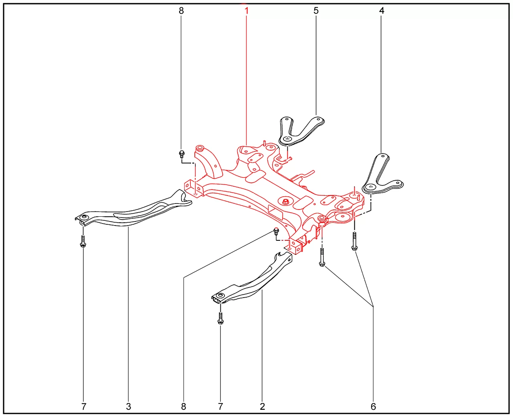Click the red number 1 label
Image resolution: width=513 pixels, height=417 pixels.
pos(246,11)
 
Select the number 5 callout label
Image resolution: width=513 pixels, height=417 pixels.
pos(316,11)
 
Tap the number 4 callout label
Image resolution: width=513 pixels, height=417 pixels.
pos(382,11)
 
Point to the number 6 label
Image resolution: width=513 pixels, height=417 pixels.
pos(373,407)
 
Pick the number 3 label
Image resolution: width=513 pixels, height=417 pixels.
pos(128,407)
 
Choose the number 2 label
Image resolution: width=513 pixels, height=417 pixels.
pos(262,407)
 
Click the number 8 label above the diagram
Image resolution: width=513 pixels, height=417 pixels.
pos(181,11)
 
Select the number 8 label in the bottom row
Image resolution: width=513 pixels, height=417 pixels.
pos(184,407)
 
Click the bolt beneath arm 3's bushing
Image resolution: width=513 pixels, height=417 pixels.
pos(83,241)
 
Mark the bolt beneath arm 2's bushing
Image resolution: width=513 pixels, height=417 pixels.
pos(220,318)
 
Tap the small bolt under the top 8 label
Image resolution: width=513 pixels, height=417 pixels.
pos(182,154)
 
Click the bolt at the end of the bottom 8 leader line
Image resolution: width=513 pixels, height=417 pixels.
pos(276,232)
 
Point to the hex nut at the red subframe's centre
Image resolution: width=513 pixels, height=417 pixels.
pos(286,201)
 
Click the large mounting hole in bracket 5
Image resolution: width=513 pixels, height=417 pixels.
pos(287,139)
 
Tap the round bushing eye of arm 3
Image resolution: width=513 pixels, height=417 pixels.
pos(84,217)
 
